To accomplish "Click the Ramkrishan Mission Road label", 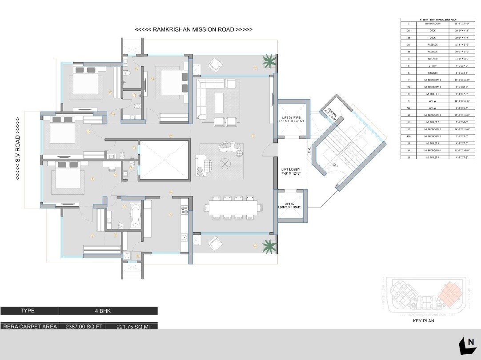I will tap(194, 29).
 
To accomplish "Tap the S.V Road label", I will tap(17, 149).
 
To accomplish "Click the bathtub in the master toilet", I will tap(135, 216).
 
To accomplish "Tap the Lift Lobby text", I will tap(291, 172).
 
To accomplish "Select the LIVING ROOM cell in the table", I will tap(433, 24).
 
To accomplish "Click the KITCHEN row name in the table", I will tap(433, 59).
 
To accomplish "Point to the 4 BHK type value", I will tap(108, 311).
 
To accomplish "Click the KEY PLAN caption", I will tap(423, 320).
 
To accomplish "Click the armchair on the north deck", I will tap(215, 64).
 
